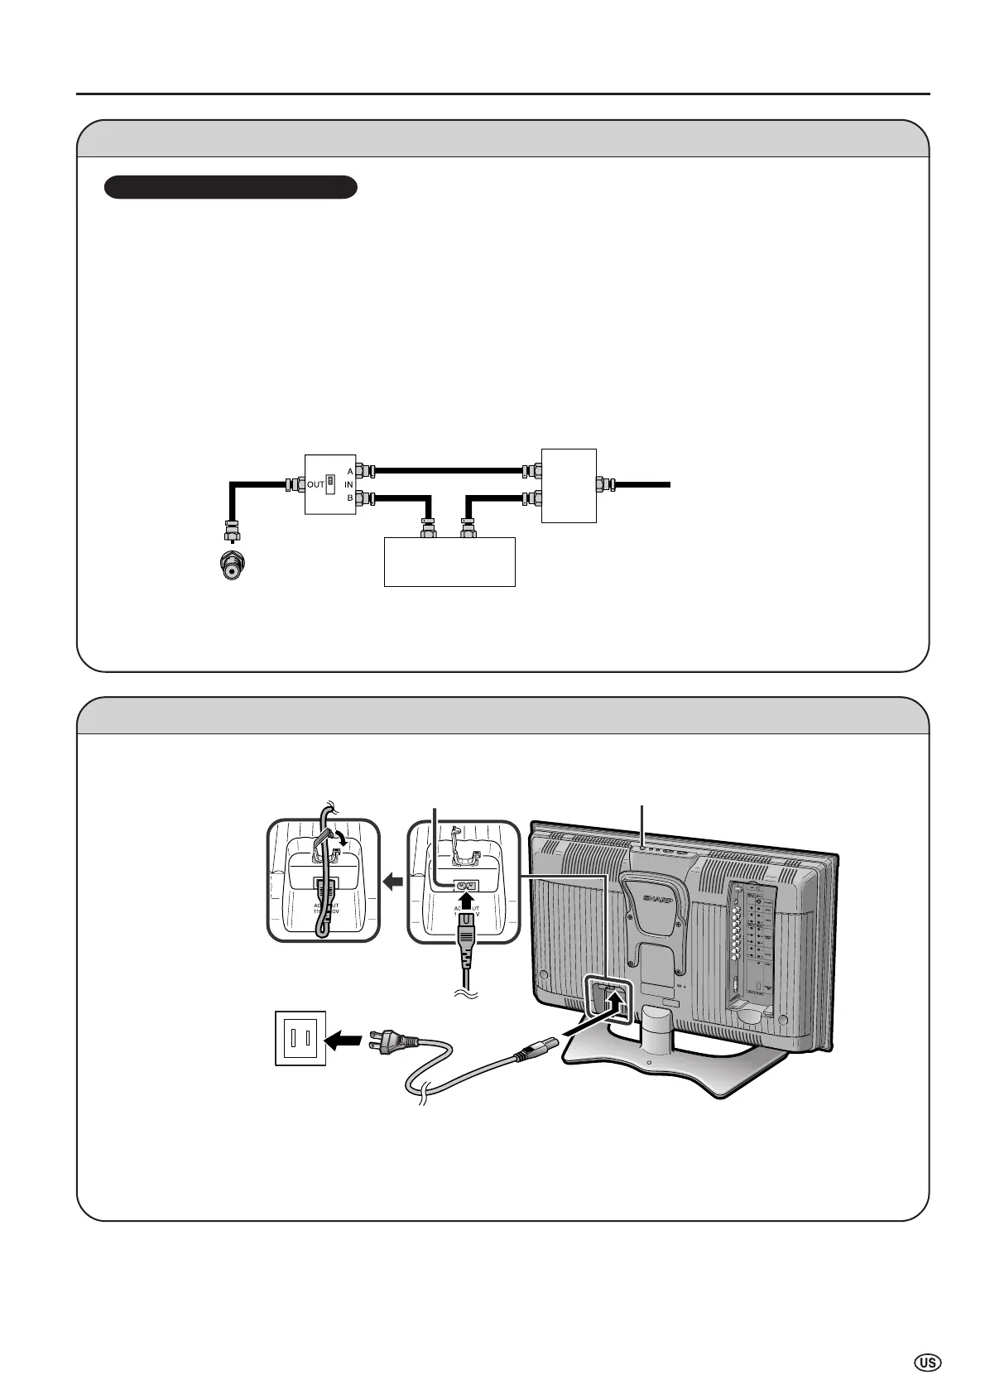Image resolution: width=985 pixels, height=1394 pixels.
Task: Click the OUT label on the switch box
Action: [x=315, y=484]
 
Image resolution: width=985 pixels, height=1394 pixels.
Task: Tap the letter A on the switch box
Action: [x=350, y=470]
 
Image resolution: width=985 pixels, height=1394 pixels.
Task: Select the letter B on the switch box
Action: [x=350, y=498]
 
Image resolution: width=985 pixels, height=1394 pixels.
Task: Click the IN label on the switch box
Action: [x=349, y=484]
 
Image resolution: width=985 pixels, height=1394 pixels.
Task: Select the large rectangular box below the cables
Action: [x=449, y=561]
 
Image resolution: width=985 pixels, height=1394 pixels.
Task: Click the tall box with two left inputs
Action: [x=568, y=484]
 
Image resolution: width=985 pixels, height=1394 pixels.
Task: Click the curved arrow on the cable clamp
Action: [x=339, y=839]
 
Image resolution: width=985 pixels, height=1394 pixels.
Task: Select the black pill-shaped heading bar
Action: [x=230, y=187]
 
